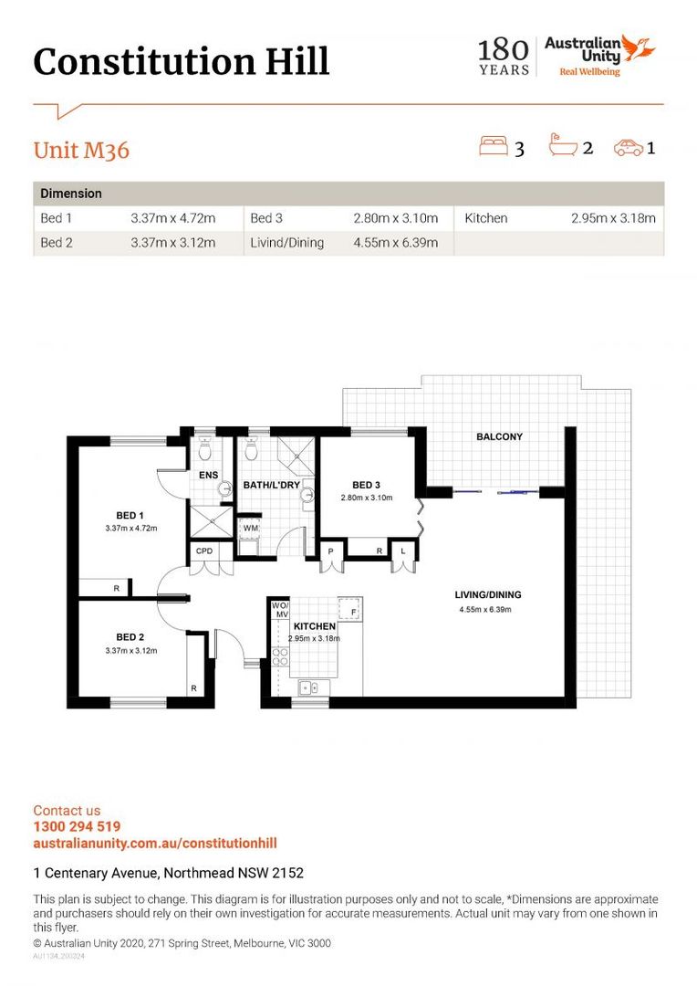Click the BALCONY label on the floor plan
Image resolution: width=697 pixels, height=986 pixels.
point(499,436)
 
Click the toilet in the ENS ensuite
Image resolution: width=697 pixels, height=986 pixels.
point(204,450)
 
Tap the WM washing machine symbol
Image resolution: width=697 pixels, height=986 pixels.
point(250,528)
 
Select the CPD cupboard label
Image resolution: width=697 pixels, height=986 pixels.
point(204,551)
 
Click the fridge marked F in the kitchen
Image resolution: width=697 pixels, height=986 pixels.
point(349,609)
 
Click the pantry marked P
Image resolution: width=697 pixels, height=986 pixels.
point(330,551)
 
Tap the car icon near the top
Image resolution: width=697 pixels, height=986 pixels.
point(628,147)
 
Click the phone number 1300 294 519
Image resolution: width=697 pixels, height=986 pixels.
point(77,826)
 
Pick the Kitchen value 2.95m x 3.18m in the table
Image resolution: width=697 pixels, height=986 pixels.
point(613,218)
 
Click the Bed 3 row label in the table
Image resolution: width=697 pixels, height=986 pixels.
point(266,218)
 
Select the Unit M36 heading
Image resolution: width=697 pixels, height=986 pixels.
point(82,150)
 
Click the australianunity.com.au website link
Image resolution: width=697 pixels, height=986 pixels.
point(155,843)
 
